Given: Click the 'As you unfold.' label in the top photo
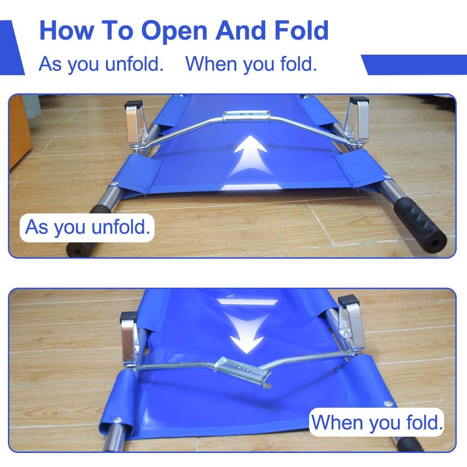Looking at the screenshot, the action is click(x=87, y=227).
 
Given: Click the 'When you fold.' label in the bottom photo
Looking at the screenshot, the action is click(x=377, y=422).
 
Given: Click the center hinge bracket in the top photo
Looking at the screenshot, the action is click(x=247, y=116).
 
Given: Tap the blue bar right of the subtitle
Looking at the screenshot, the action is click(x=414, y=64).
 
